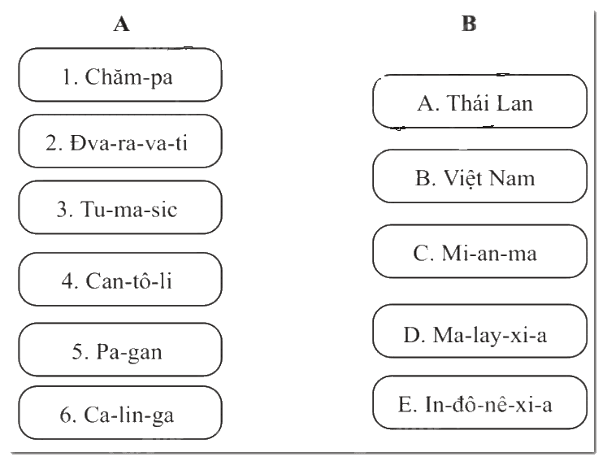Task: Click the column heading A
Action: tap(122, 24)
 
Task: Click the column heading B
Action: tap(469, 24)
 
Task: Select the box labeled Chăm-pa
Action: tap(120, 75)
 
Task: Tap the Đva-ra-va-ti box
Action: tap(120, 141)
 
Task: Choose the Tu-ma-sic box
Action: tap(120, 207)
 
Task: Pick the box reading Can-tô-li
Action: tap(120, 280)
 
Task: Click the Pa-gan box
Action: tap(120, 350)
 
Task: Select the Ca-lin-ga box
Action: tap(120, 413)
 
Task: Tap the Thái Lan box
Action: tap(480, 101)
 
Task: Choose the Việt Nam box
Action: tap(480, 176)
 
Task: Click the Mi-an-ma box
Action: tap(480, 251)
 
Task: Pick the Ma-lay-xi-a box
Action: tap(480, 331)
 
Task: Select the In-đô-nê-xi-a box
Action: tap(480, 402)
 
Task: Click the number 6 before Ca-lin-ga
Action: tap(65, 415)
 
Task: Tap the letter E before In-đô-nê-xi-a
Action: tap(405, 404)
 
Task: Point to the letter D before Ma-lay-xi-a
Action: tap(411, 335)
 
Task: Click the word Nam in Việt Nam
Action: tap(512, 178)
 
